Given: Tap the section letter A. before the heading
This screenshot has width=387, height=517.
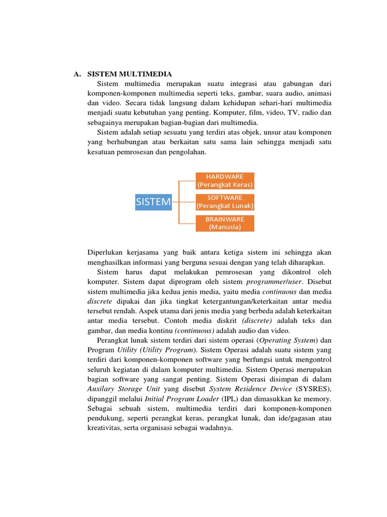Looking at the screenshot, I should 77,74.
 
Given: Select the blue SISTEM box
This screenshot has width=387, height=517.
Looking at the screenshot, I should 154,202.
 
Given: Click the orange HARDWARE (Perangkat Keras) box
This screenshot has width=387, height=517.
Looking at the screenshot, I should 225,180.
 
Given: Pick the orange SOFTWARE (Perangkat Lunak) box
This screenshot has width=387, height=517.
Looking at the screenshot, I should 225,202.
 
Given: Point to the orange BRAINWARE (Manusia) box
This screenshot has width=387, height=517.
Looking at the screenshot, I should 225,223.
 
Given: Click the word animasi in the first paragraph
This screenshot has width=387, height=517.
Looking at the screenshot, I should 318,93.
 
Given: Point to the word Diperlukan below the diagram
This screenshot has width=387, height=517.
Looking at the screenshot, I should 107,252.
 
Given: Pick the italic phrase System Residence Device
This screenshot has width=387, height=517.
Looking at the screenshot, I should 250,389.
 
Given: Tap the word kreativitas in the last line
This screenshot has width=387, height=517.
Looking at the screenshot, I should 104,428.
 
